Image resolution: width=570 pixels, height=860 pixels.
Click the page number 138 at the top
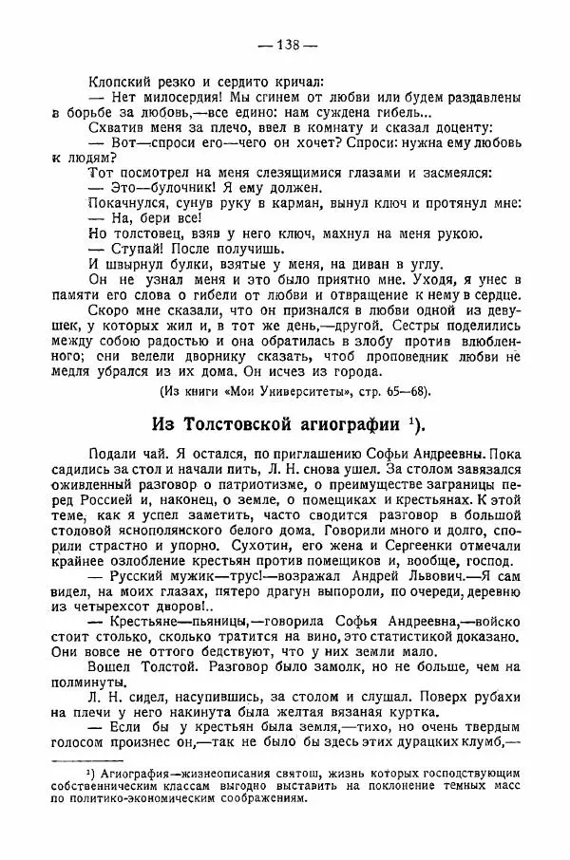tap(286, 44)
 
